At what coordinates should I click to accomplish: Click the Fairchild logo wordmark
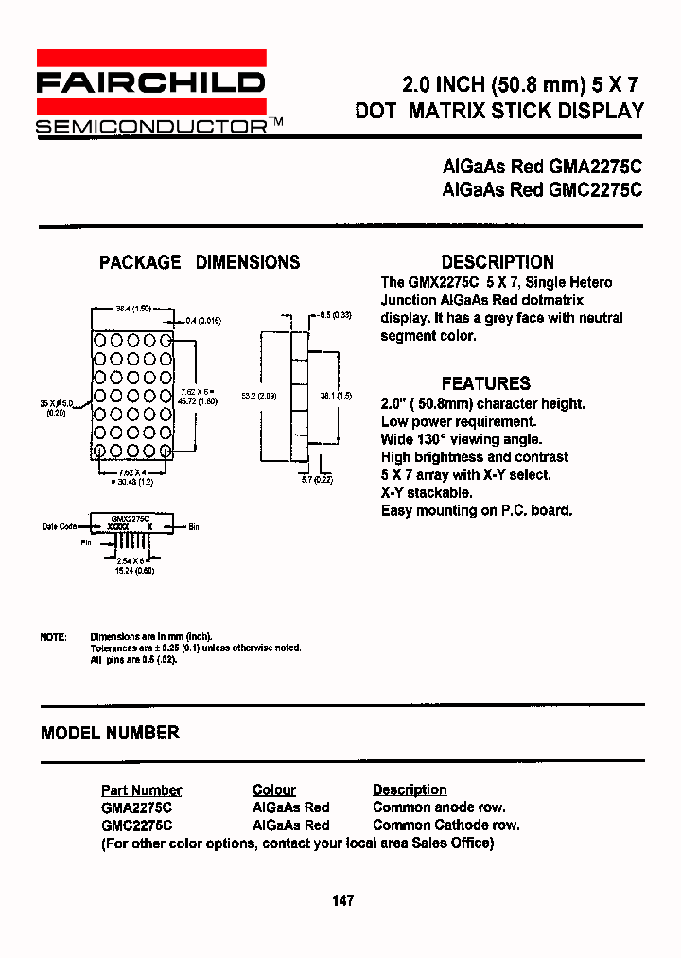pyautogui.click(x=150, y=83)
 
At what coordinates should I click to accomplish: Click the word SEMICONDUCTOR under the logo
pyautogui.click(x=151, y=127)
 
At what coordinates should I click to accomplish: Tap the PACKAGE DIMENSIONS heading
pyautogui.click(x=200, y=262)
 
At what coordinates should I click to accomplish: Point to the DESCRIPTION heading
pyautogui.click(x=498, y=262)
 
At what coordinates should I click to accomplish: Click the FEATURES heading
pyautogui.click(x=486, y=383)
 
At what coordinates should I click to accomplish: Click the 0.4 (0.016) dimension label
pyautogui.click(x=202, y=321)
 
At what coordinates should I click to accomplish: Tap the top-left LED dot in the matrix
pyautogui.click(x=100, y=340)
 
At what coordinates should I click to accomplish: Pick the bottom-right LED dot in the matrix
pyautogui.click(x=166, y=452)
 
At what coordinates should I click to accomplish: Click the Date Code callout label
pyautogui.click(x=59, y=527)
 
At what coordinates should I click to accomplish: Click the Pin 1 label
pyautogui.click(x=90, y=542)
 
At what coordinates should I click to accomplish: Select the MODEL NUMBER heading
pyautogui.click(x=110, y=733)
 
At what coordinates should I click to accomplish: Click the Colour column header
pyautogui.click(x=274, y=789)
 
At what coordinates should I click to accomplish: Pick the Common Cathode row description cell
pyautogui.click(x=445, y=825)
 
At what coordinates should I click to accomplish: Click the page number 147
pyautogui.click(x=342, y=900)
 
